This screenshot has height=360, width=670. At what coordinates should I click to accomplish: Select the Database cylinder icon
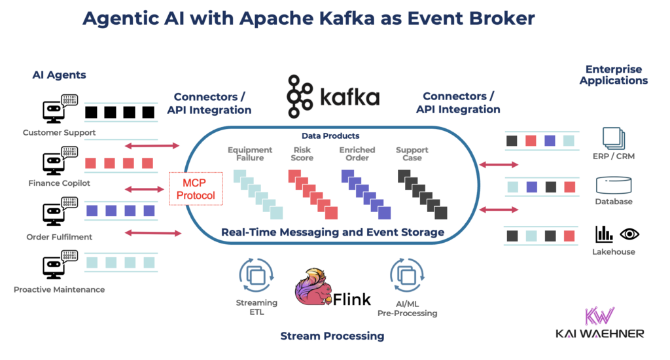click(614, 185)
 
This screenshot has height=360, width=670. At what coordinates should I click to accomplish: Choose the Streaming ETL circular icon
click(256, 276)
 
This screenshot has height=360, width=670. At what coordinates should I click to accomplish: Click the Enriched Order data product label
click(357, 154)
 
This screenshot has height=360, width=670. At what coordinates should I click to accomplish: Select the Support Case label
click(412, 154)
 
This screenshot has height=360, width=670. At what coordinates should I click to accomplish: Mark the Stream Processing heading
click(332, 336)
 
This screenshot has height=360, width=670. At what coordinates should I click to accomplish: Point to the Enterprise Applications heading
click(614, 75)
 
